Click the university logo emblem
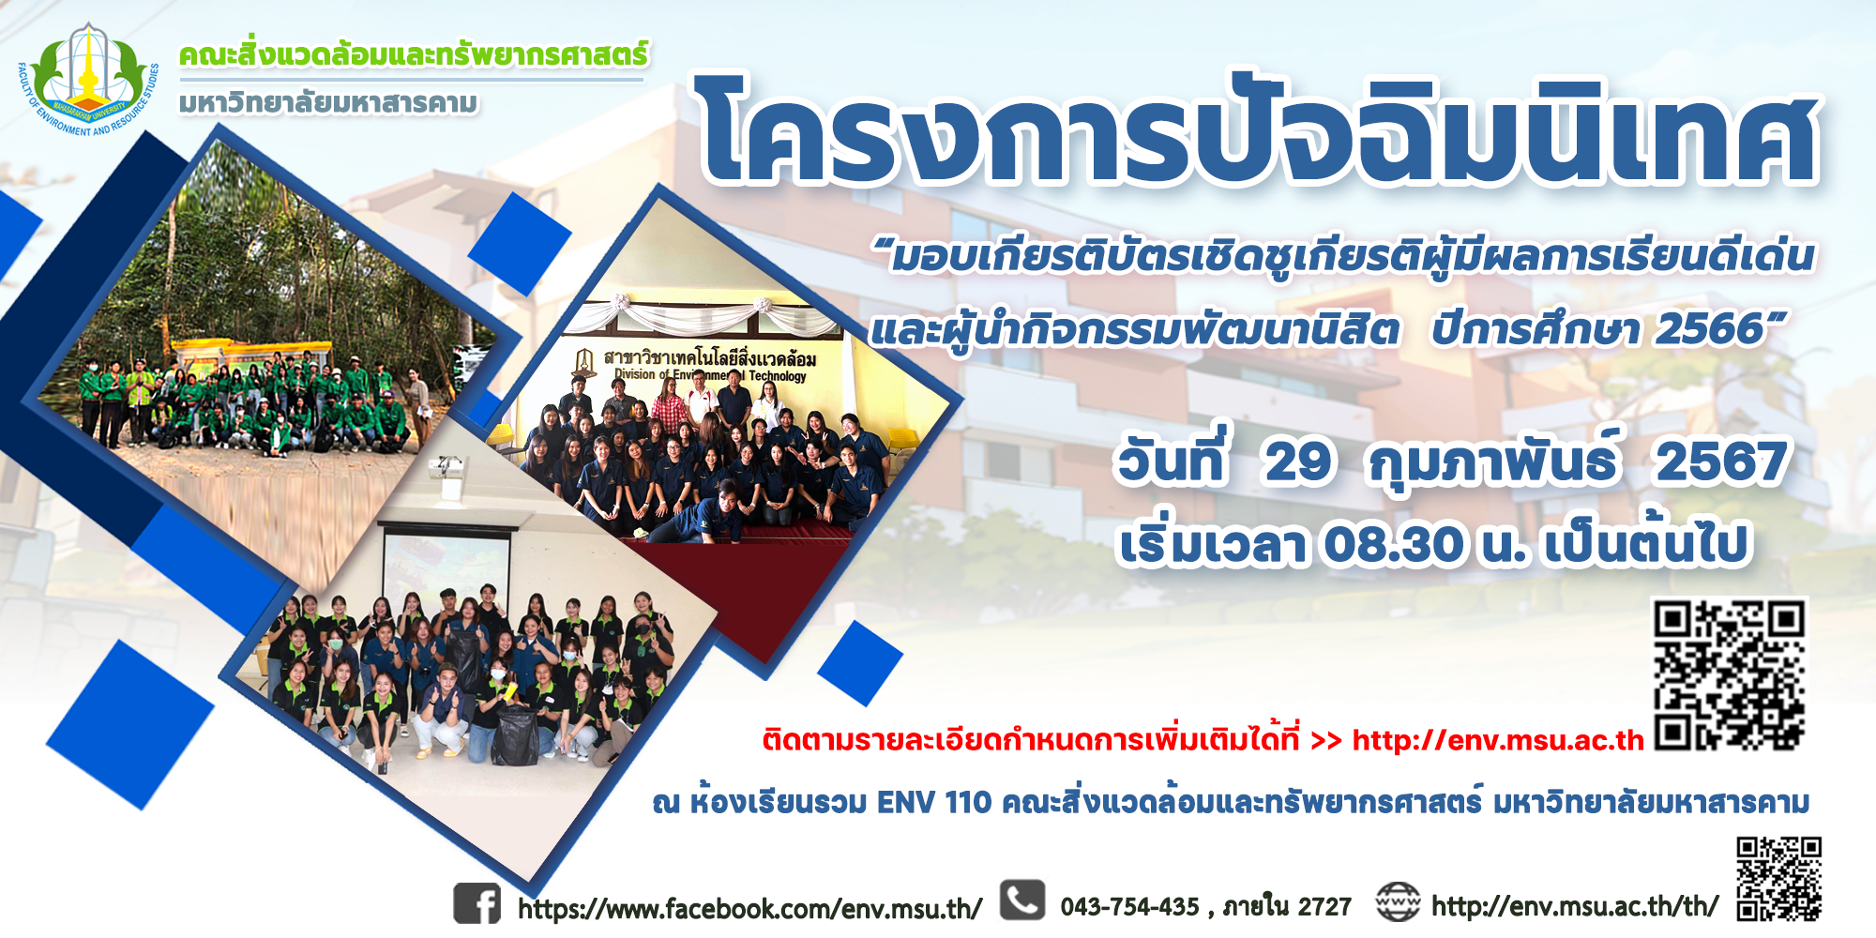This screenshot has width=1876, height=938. coord(88,81)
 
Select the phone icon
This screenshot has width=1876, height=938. coord(1022,900)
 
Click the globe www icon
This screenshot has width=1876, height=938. coord(1398,902)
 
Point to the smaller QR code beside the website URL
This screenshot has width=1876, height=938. coord(1778,879)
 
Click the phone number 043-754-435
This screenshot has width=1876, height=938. coord(1129,907)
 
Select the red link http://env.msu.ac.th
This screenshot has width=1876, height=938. coord(1498,741)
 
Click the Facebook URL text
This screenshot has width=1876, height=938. coord(749,909)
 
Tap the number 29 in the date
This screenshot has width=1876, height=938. coord(1297,461)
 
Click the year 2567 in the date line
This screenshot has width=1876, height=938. coord(1721,462)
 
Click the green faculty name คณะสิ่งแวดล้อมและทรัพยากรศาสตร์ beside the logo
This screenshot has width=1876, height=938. coord(414,55)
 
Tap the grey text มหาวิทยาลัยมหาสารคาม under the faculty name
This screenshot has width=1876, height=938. coord(328,102)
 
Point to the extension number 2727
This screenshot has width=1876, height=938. coord(1324,907)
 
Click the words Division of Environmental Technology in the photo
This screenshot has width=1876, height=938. coord(710,375)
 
